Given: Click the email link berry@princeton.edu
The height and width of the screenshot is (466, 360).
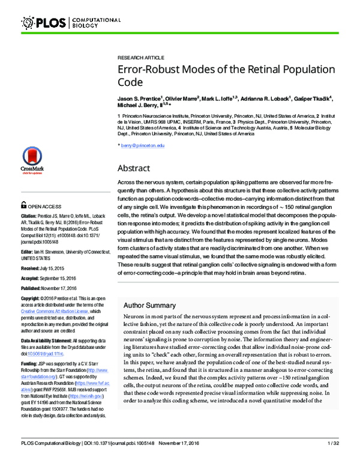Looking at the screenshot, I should [143, 146].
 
